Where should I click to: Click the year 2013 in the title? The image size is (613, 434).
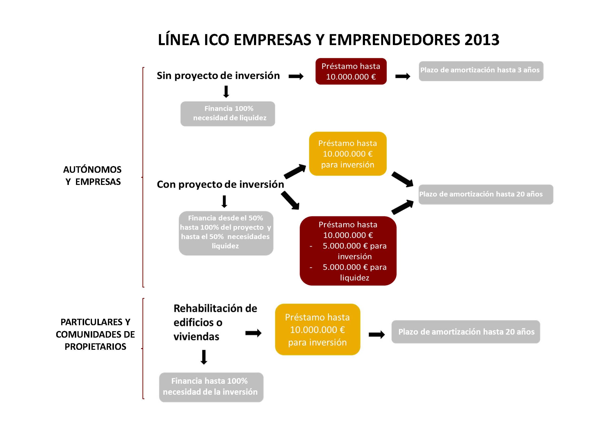tap(482, 40)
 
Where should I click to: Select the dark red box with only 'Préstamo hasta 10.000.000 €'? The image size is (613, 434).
tap(351, 71)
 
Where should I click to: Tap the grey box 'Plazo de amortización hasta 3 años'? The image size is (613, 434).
tap(481, 71)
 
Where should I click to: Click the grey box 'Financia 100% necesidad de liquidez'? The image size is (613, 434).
tap(228, 114)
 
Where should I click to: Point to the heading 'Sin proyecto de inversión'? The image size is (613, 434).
tap(218, 76)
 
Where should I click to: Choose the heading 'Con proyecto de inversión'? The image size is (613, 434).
tap(220, 184)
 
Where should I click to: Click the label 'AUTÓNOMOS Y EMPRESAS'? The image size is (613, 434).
tap(93, 175)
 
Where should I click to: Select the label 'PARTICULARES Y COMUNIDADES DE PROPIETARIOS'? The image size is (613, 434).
tap(95, 334)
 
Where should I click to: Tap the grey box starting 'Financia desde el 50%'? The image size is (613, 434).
tap(226, 233)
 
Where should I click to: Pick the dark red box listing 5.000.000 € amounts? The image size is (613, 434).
tap(348, 251)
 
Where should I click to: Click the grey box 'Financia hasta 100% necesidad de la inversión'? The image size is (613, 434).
tap(211, 387)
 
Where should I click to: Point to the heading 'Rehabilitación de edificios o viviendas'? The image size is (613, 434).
tap(215, 323)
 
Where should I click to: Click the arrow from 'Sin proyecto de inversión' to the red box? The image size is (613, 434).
tap(296, 77)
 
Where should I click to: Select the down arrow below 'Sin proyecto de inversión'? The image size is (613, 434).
tap(226, 92)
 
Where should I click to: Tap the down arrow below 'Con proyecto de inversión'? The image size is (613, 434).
tap(224, 202)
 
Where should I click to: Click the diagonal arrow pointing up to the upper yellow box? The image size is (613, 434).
tap(295, 171)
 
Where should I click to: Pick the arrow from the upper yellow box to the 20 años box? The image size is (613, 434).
tap(402, 179)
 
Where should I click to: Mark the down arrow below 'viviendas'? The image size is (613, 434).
tap(204, 357)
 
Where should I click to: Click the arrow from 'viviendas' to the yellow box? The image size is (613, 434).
tap(253, 333)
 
